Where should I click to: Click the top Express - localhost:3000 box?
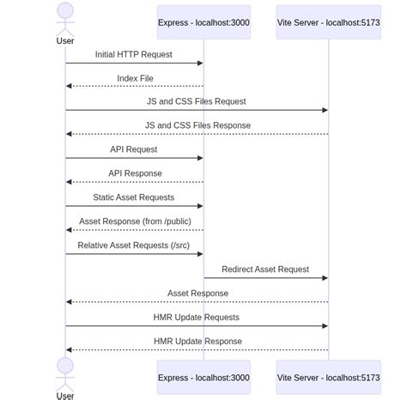203,22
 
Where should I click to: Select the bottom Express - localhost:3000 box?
203,378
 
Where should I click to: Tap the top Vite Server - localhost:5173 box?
328,22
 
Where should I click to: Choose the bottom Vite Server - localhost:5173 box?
328,378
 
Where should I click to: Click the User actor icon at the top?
65,17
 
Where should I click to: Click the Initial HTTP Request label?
134,54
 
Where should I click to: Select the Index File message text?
136,78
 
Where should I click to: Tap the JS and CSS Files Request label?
197,101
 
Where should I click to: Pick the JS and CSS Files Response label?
197,125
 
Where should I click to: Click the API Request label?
134,149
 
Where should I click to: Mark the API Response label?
135,173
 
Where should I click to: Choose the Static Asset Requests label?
134,197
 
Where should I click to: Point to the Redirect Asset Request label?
265,270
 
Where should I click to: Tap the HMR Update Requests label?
197,318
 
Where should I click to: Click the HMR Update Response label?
197,342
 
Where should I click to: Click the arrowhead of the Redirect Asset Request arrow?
325,278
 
